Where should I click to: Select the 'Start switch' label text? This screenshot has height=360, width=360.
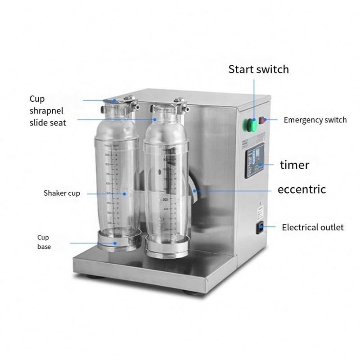(x=258, y=69)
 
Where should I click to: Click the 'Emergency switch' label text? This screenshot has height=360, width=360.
(x=315, y=120)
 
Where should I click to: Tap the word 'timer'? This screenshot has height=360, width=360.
(x=294, y=165)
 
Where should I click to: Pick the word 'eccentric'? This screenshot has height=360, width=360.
(x=301, y=189)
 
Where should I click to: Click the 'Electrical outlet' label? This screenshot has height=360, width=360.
(x=313, y=227)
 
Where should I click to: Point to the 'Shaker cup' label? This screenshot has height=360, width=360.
(x=62, y=193)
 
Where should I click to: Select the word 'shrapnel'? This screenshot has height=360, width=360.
(x=46, y=110)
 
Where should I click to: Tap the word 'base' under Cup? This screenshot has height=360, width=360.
(x=44, y=247)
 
